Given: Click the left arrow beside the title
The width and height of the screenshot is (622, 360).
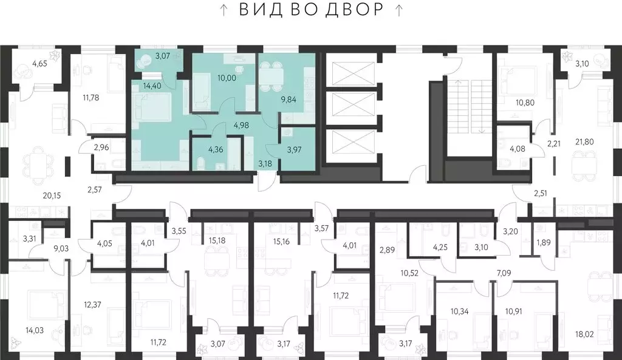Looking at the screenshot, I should tap(224, 10).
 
